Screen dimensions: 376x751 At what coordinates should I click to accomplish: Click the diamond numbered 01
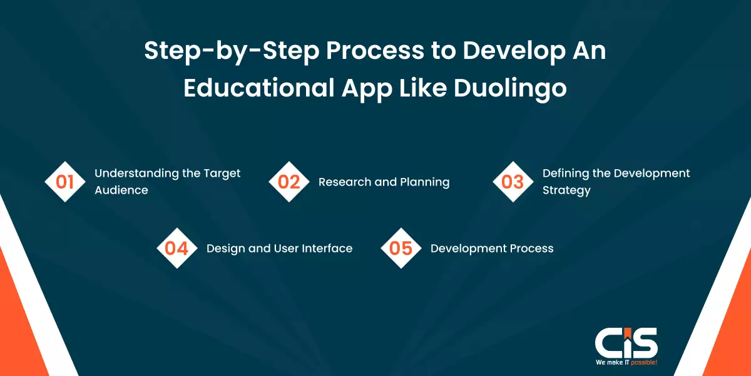[65, 182]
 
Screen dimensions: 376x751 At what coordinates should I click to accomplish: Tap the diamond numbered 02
[289, 182]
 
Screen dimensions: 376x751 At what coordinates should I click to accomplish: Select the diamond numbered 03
[513, 182]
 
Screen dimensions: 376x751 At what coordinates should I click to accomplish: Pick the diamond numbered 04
[177, 248]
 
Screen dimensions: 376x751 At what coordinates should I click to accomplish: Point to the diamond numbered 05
[401, 248]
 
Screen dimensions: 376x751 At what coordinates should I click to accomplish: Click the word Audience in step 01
[121, 190]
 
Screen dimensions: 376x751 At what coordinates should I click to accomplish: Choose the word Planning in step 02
[426, 182]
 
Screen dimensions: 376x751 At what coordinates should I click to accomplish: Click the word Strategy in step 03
[566, 191]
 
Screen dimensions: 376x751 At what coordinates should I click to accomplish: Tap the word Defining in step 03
[565, 173]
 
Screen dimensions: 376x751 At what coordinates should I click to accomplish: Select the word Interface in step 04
[327, 248]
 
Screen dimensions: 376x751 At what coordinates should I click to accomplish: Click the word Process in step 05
[531, 248]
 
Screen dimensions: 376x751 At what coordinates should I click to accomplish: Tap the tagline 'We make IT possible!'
[626, 363]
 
